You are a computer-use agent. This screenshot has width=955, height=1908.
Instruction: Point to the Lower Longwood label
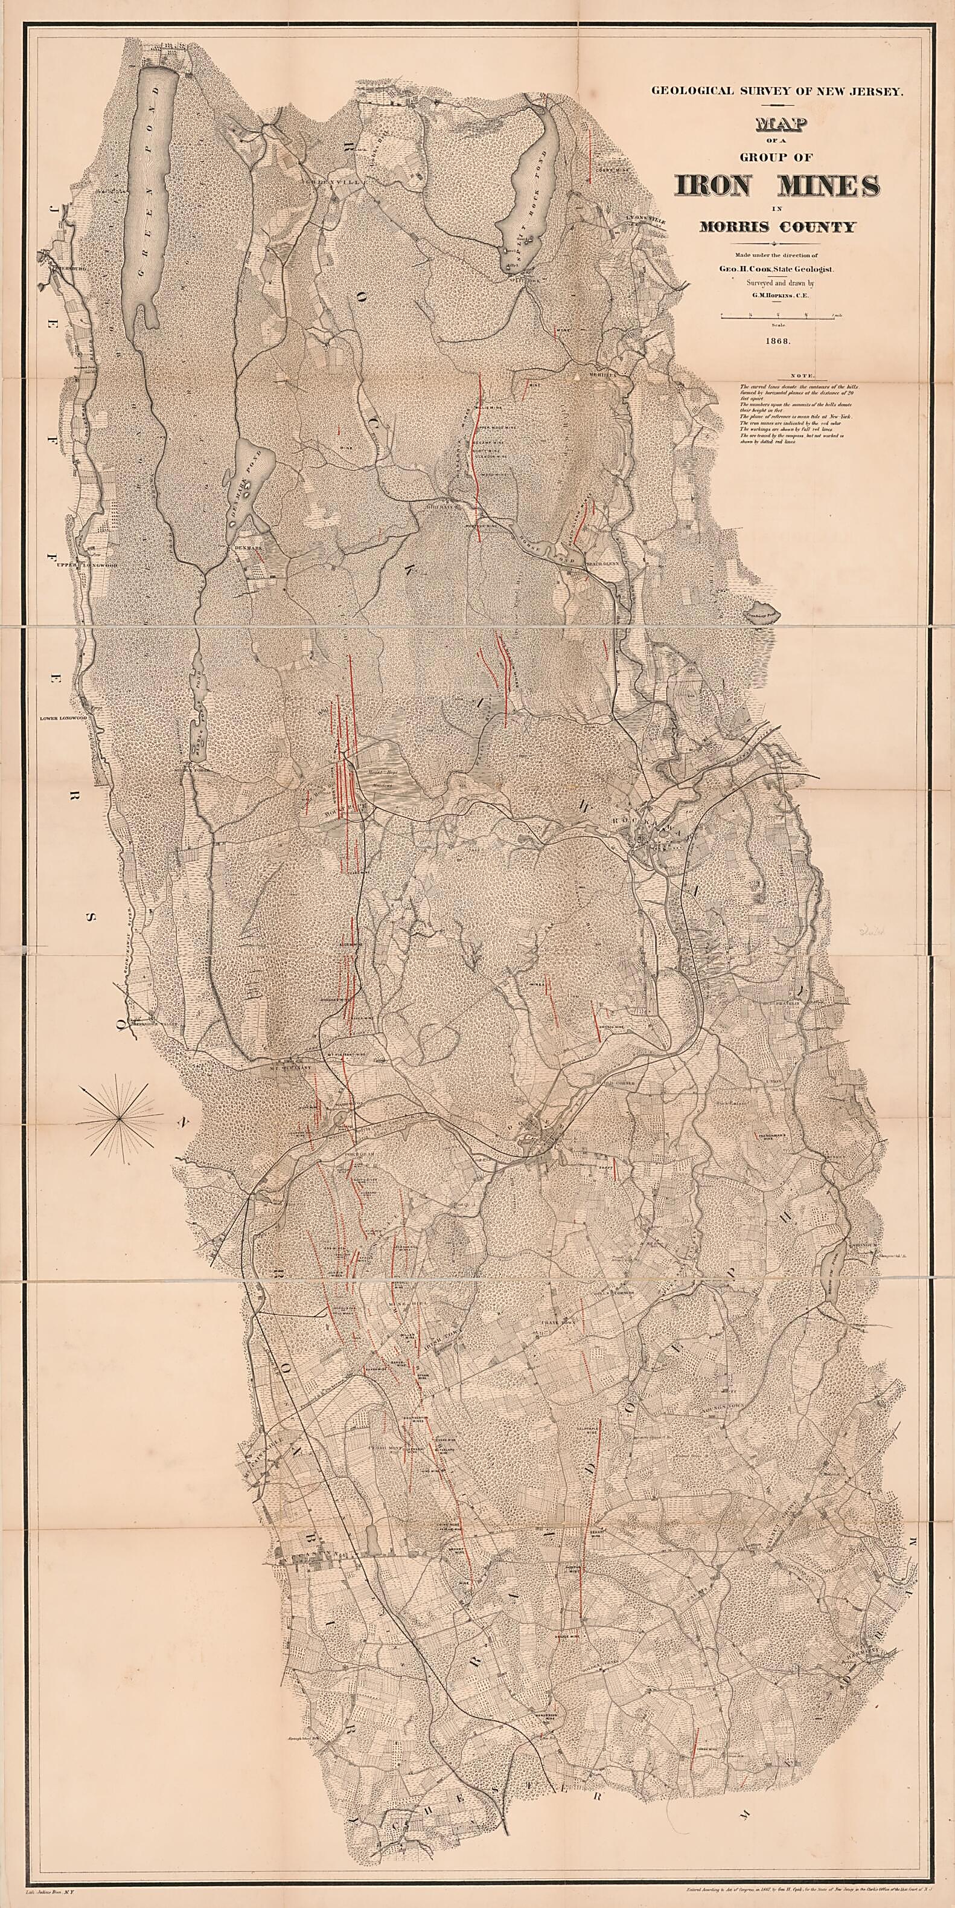pyautogui.click(x=68, y=718)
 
